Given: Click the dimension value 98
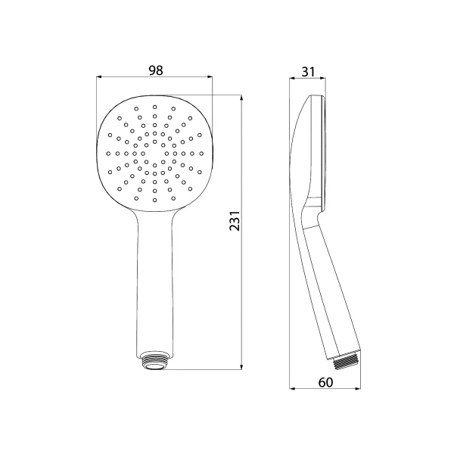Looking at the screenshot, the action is (x=156, y=70).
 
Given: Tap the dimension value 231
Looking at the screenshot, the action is (x=235, y=221).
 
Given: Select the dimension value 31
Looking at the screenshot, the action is (x=308, y=72).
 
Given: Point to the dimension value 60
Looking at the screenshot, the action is (x=325, y=382).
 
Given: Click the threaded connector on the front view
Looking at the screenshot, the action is (x=154, y=361).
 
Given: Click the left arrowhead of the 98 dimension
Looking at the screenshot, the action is (x=99, y=77).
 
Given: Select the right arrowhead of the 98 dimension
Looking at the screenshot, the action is (x=209, y=77).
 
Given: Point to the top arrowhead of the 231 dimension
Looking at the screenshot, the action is (x=241, y=98).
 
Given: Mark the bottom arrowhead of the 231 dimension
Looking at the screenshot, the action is (x=241, y=366).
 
